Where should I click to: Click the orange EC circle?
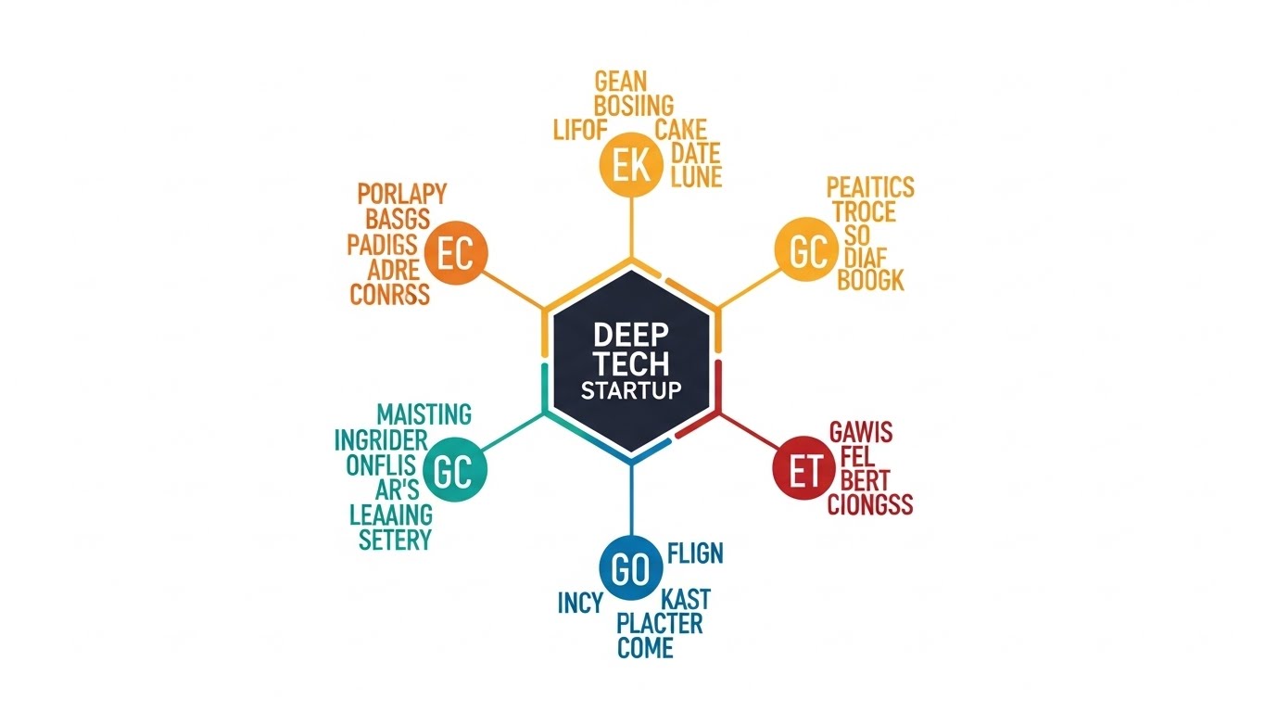click(455, 253)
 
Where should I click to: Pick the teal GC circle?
click(453, 472)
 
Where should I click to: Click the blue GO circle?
click(630, 569)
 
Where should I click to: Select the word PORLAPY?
click(401, 195)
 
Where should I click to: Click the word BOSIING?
click(634, 105)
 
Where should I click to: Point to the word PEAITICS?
click(870, 187)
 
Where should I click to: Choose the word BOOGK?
click(870, 280)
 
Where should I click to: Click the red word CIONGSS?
click(870, 505)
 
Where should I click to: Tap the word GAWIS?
click(861, 431)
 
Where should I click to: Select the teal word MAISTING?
click(424, 414)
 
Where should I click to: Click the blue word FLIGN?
click(695, 554)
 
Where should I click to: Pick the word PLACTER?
click(660, 622)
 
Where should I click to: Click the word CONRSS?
click(389, 294)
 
